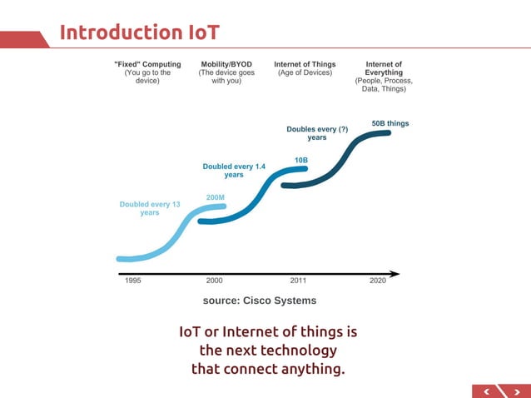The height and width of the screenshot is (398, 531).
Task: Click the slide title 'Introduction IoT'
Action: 139,32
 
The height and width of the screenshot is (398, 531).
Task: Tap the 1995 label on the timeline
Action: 133,281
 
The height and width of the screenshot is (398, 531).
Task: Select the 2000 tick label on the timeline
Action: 214,281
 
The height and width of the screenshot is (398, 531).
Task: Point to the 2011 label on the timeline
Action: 298,281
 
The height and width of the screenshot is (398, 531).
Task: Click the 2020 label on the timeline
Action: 378,281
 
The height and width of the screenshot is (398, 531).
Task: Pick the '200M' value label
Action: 216,197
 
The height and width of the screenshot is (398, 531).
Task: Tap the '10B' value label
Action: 301,159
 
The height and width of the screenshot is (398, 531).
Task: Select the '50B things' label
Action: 390,123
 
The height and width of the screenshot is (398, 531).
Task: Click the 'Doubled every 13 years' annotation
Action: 150,208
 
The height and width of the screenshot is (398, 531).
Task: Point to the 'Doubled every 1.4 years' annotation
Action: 234,171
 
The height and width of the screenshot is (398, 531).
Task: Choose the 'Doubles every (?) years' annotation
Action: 317,133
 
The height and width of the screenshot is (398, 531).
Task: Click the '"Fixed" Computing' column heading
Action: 147,64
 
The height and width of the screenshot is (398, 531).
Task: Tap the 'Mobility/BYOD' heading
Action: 226,64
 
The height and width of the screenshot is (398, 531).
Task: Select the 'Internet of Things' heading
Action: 305,64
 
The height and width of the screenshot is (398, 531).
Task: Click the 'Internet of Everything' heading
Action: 384,68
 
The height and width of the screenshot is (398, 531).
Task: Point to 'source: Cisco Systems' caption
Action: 260,301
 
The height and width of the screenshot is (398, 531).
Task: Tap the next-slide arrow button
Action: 516,390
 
